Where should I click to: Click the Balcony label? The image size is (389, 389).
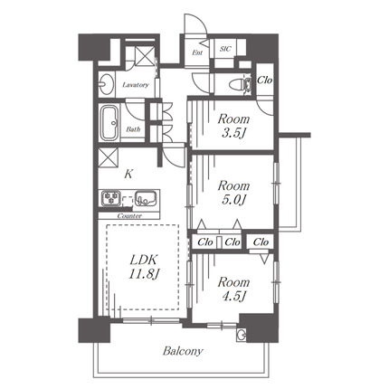click(x=183, y=351)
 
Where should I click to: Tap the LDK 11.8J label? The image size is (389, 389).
click(x=144, y=266)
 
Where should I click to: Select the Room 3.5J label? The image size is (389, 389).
click(x=233, y=126)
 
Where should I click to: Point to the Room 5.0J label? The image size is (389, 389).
click(x=233, y=193)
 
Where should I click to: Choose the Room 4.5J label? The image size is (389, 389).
click(x=233, y=289)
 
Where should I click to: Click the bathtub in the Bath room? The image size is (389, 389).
click(x=109, y=123)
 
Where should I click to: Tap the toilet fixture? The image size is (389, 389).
click(x=240, y=84)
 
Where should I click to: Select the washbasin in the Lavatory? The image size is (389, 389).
click(x=106, y=83)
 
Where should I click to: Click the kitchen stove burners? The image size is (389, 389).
click(x=111, y=198)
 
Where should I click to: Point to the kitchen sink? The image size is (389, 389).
click(x=146, y=198)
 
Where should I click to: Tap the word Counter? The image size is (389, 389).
click(x=129, y=216)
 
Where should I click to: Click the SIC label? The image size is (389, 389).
click(x=225, y=49)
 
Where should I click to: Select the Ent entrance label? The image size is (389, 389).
click(x=197, y=52)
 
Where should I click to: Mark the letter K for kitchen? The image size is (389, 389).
click(x=128, y=174)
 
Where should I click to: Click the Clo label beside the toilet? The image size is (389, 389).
click(x=264, y=80)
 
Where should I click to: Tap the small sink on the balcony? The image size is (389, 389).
click(x=242, y=335)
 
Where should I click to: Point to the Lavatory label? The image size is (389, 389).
click(x=136, y=85)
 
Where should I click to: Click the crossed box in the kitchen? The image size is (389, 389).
click(x=109, y=157)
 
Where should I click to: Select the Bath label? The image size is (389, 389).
click(x=133, y=129)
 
